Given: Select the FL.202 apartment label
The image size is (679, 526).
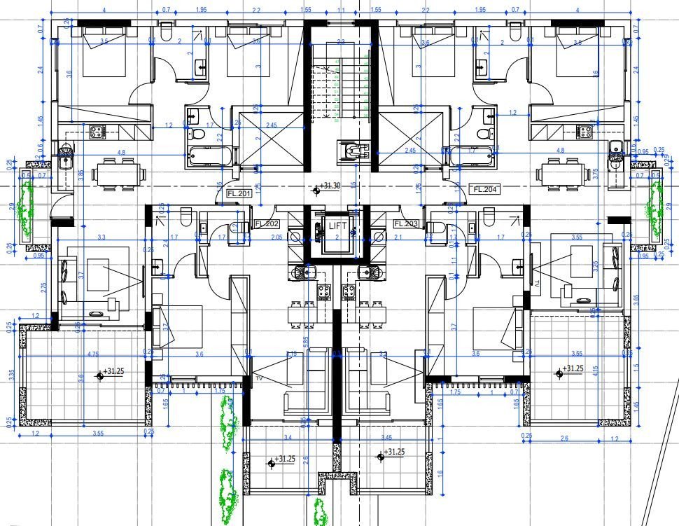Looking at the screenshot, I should (267, 224).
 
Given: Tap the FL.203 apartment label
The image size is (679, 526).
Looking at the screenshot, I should (406, 224).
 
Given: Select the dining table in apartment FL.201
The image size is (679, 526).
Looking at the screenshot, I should (117, 174).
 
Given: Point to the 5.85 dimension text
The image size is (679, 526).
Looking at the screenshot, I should (305, 340).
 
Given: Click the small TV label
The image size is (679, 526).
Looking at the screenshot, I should (258, 378).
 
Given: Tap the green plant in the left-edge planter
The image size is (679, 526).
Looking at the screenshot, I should (27, 208).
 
